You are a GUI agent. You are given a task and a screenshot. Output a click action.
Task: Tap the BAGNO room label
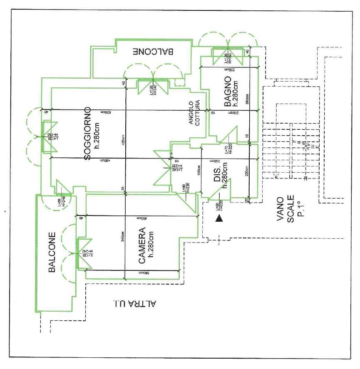227,91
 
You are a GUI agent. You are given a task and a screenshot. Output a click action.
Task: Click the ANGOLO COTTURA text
194,113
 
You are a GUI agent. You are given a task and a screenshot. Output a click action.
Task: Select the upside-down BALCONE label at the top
154,52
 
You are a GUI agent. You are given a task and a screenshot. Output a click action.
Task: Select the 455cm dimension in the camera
137,217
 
